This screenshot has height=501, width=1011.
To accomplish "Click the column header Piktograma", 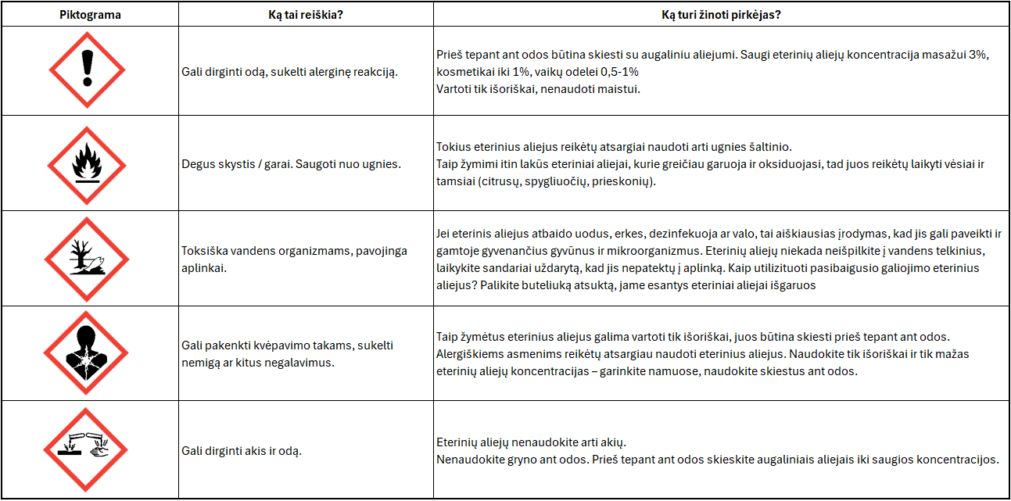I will tap(90, 15).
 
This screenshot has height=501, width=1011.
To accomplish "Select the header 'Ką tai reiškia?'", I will tap(306, 15).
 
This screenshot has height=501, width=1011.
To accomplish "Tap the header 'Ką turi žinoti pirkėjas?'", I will tap(721, 15).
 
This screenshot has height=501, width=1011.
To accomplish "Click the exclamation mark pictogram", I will tap(88, 70).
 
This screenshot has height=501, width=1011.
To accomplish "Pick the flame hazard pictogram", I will tap(86, 164).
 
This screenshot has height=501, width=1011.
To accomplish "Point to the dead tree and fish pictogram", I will tap(87, 259).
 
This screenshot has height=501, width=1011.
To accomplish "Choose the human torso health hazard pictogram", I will tap(87, 352).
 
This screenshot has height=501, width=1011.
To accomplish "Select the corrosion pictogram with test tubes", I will tap(87, 449).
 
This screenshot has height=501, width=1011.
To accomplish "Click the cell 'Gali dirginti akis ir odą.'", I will tap(242, 451).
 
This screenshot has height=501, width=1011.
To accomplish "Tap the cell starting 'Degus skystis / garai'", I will tap(291, 164).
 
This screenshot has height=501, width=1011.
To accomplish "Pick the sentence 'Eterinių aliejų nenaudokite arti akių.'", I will tap(531, 442).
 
